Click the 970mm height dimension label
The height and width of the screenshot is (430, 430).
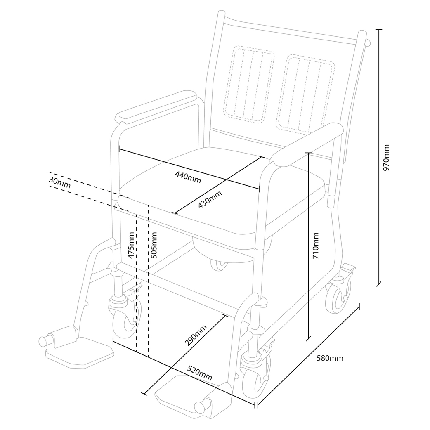point(386,158)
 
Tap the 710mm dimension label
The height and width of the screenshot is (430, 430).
point(316,246)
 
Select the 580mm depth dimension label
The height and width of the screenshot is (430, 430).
point(330,358)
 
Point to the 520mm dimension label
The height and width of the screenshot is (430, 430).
point(200,373)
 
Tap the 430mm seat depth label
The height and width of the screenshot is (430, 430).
point(210,199)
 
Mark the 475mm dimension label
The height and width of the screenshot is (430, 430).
point(131,246)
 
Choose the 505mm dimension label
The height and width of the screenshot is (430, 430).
point(154,245)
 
